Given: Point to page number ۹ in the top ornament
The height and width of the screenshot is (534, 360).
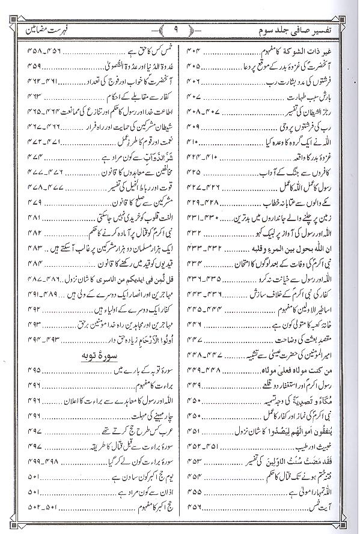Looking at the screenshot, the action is tap(179, 28).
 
